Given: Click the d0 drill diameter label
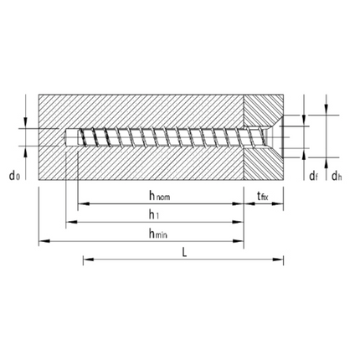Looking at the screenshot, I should (x=14, y=176).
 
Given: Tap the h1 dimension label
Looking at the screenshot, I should (x=157, y=214).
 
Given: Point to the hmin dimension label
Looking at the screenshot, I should (x=157, y=234).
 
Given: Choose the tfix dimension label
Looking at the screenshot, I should (x=263, y=196).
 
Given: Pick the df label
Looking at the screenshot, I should (x=312, y=176).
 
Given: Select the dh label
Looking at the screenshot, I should (x=336, y=176).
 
